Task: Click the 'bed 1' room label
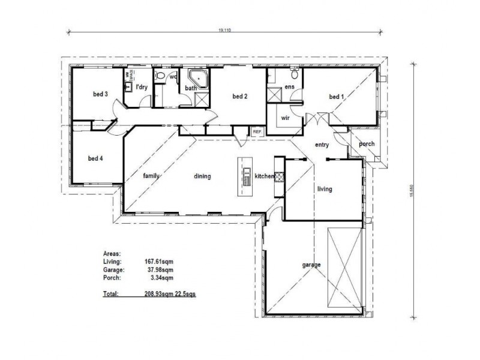coord(337,97)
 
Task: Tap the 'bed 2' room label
coord(240,97)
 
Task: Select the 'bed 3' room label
coord(100,94)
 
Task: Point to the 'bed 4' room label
coord(96,158)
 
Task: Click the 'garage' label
coord(312,265)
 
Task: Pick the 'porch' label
coord(367,144)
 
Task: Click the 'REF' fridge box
coord(257,131)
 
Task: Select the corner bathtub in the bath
coord(199,79)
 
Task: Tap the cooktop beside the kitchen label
coord(279,176)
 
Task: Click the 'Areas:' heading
coord(112,254)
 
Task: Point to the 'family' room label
coord(151,176)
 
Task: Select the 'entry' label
coord(322,145)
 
